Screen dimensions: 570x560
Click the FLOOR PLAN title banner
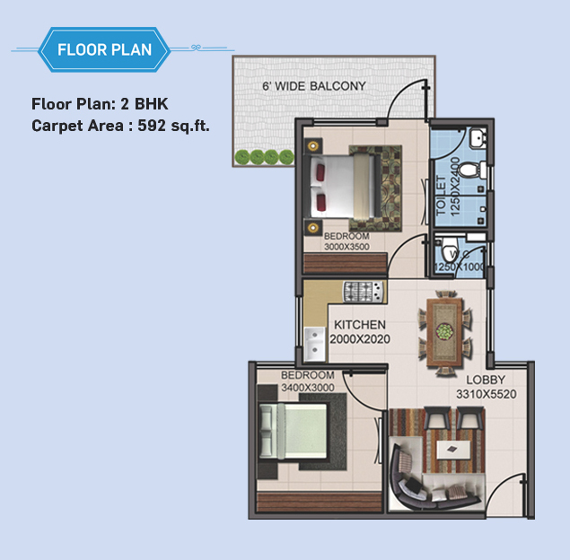click(x=104, y=49)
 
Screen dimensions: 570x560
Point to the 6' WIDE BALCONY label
click(x=314, y=86)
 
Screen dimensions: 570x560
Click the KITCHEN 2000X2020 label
click(x=360, y=332)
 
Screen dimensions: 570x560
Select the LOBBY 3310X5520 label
click(x=486, y=387)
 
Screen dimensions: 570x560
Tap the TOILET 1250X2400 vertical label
click(x=448, y=187)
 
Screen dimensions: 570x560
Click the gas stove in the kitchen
click(x=364, y=292)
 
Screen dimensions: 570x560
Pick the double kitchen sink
click(x=314, y=344)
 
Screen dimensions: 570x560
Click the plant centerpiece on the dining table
click(x=444, y=331)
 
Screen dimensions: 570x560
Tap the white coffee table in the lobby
click(x=453, y=450)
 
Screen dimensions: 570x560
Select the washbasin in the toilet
click(x=477, y=138)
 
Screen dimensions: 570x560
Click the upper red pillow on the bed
click(x=320, y=171)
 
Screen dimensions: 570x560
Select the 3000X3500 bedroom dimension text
click(x=346, y=247)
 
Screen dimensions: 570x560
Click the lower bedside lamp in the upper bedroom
click(x=312, y=228)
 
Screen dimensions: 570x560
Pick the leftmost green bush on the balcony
click(x=242, y=157)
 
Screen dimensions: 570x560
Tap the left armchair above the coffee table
click(x=436, y=417)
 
